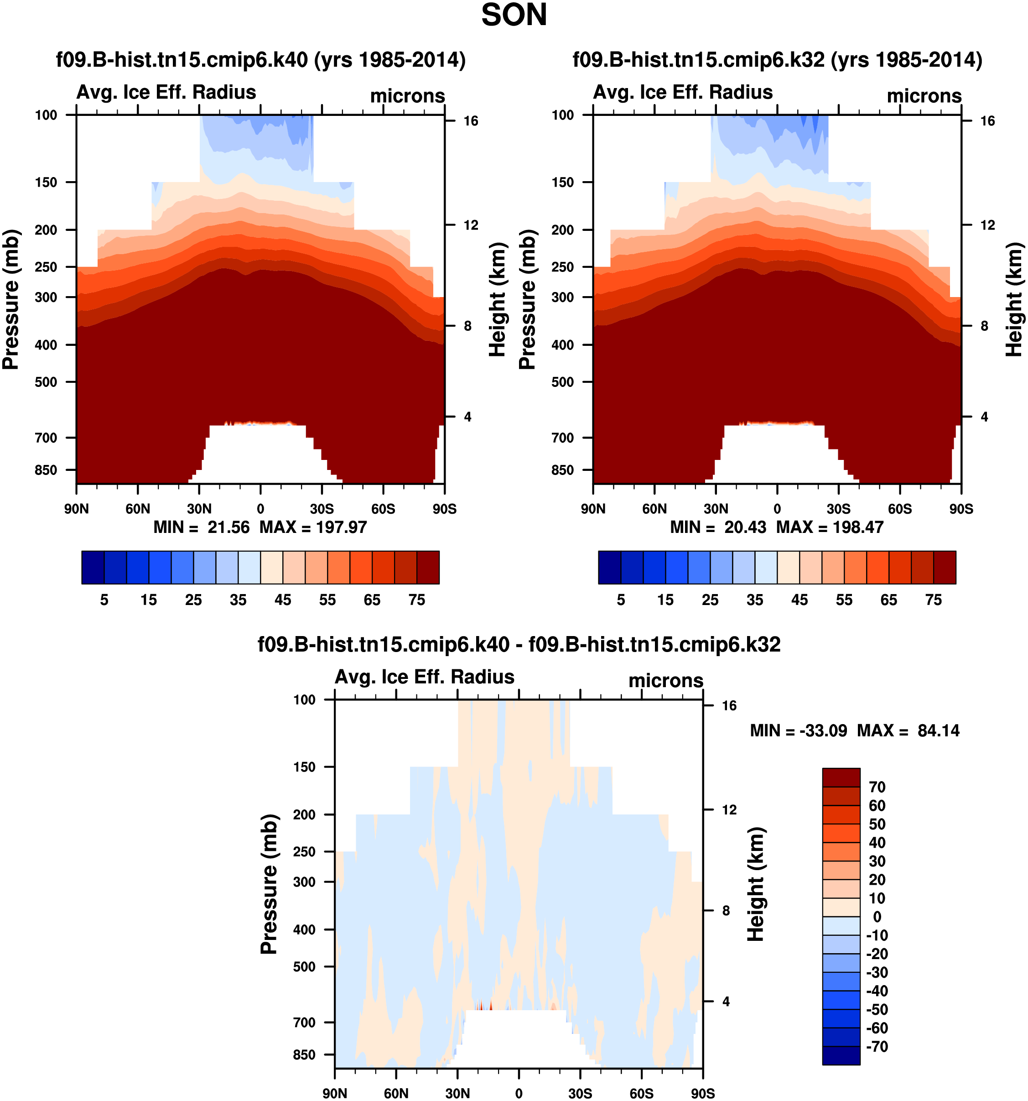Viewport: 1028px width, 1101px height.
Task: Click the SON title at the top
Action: [514, 16]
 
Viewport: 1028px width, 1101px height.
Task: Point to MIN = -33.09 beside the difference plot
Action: [798, 731]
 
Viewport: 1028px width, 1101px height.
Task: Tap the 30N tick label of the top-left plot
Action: [199, 509]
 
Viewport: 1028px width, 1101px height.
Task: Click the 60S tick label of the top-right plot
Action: [899, 509]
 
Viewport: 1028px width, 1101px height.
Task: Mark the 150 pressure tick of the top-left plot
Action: [46, 182]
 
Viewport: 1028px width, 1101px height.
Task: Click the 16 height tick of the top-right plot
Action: [987, 121]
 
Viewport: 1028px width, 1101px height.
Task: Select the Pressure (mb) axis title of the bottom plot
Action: [269, 884]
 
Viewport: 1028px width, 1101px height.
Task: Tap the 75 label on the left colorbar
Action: [417, 600]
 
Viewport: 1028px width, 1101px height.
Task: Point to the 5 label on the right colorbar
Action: [621, 600]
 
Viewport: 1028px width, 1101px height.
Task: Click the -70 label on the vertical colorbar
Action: [877, 1046]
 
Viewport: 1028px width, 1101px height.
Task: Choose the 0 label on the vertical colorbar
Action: [877, 917]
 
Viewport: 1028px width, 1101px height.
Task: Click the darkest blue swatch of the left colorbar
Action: [93, 567]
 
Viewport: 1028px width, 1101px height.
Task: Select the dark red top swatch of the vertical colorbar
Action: [841, 777]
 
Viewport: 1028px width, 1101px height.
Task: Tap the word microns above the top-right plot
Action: [924, 96]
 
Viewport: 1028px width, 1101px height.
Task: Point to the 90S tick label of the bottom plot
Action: [702, 1093]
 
